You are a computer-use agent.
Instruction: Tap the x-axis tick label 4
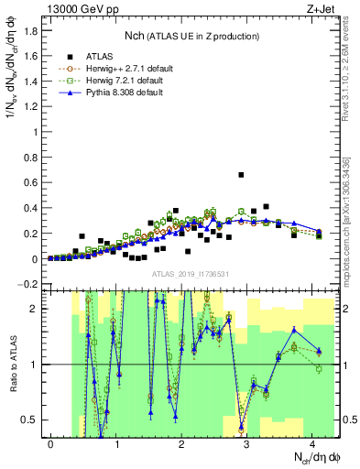point(313,443)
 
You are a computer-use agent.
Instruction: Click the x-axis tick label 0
point(51,443)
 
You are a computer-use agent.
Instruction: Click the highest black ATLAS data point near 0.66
point(241,174)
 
